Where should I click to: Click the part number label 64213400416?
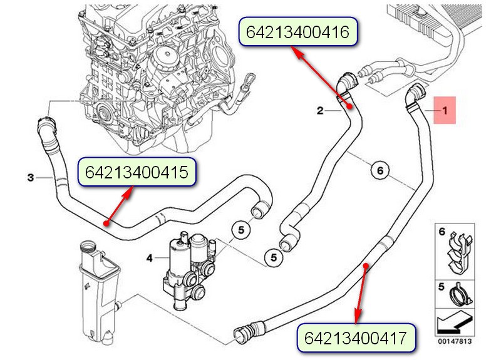pos(298,32)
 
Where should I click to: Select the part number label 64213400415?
pos(137,172)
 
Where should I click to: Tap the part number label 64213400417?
pos(356,338)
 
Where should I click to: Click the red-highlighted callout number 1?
pos(445,110)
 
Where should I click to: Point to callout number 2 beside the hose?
pos(320,111)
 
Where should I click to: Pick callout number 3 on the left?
pos(31,177)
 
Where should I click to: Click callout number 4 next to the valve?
pos(150,258)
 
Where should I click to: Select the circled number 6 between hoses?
pos(380,170)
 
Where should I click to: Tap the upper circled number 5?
pos(241,230)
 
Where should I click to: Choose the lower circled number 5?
pos(274,257)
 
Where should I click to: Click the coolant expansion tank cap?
pos(89,247)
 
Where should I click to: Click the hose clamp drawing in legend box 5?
pos(460,295)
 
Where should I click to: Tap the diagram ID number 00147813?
pos(455,341)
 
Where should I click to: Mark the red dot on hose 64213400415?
pos(106,224)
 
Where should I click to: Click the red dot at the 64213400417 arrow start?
pos(366,265)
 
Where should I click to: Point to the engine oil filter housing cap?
pos(167,54)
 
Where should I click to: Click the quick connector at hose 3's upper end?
pos(46,124)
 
